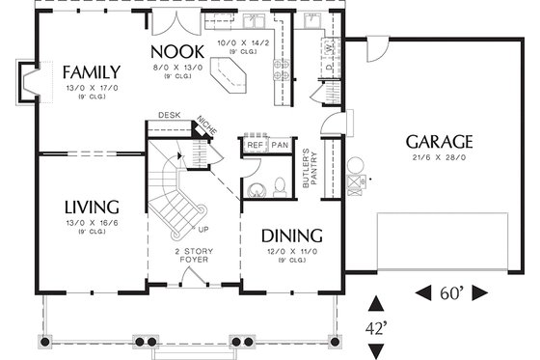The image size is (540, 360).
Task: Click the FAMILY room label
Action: (x=91, y=71)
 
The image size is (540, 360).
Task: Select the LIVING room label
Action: (x=92, y=207)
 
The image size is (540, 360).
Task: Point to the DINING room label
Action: (x=292, y=235)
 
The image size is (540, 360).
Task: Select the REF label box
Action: (x=255, y=145)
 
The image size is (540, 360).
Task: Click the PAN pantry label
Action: (x=280, y=145)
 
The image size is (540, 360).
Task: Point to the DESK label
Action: (x=170, y=115)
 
